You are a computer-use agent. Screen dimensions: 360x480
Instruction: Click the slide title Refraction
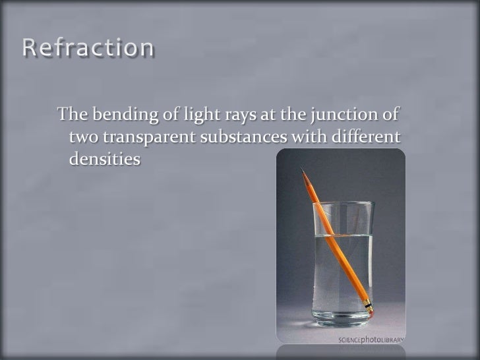[89, 48]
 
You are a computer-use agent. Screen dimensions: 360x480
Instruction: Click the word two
[82, 138]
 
